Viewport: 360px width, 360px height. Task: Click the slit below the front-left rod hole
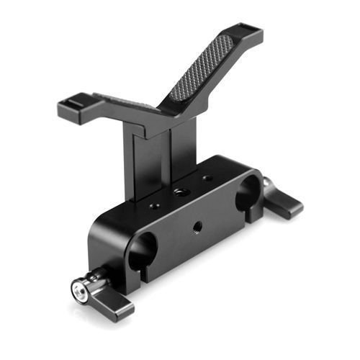148,276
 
